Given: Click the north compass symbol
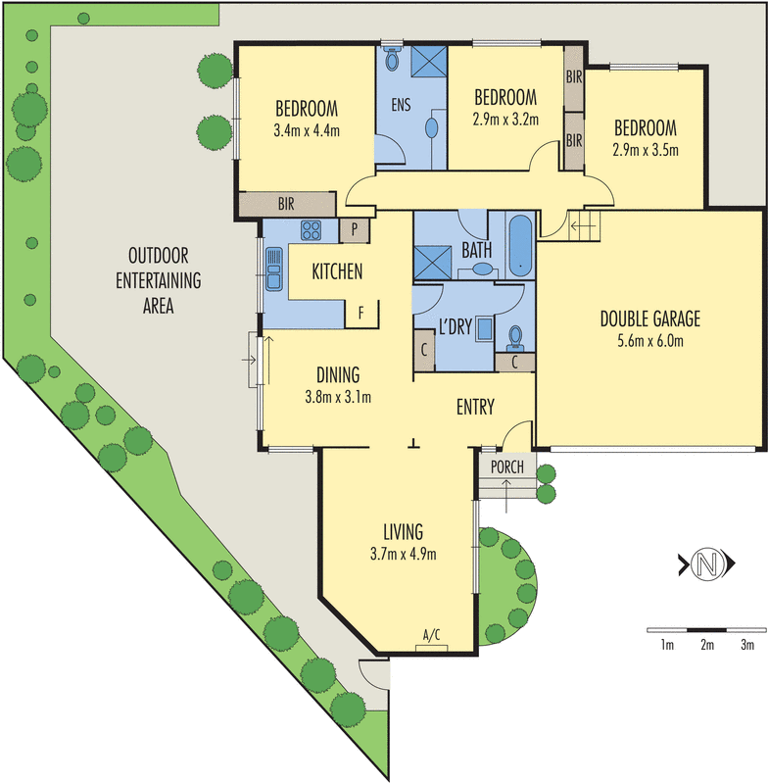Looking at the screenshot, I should coord(704,564).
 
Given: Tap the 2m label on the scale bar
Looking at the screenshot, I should coord(706,645).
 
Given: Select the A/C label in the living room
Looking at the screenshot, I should coord(431,635).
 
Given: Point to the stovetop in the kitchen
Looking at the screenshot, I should coord(312,231).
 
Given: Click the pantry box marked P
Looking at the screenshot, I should coord(353,230).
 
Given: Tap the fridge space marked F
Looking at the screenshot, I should coord(361,314).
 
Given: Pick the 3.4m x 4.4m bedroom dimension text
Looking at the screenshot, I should coord(306,127).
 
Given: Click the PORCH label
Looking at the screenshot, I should coord(506,466).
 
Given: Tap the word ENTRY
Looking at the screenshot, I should coord(475,407).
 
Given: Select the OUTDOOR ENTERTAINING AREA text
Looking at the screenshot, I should coord(158,280).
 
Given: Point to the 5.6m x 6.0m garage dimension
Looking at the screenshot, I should coord(650,341).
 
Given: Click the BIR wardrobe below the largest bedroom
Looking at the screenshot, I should coord(287,204).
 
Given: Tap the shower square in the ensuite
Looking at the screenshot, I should coord(426,61).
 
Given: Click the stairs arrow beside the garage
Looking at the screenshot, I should coord(581,230).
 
